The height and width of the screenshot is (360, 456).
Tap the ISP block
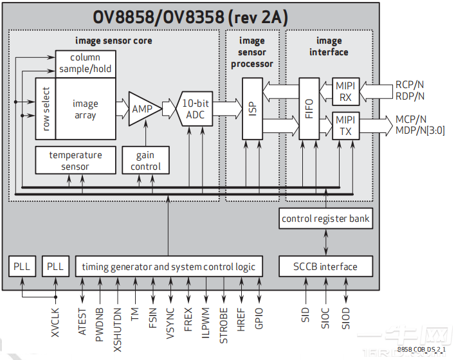pos(251,109)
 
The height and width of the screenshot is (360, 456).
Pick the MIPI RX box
pos(345,91)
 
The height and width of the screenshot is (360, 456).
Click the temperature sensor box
pos(75,161)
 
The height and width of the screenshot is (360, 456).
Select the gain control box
pos(145,161)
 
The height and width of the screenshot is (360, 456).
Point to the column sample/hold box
pos(85,64)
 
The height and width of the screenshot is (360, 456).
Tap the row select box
pos(46,109)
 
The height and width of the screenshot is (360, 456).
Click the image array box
pos(85,109)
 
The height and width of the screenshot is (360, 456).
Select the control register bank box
pos(325,219)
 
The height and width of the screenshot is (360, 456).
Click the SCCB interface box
pos(325,266)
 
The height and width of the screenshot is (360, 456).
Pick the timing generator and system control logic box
pos(169,266)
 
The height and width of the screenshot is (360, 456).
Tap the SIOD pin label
pos(346,318)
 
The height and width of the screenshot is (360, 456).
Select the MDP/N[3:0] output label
pos(419,130)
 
